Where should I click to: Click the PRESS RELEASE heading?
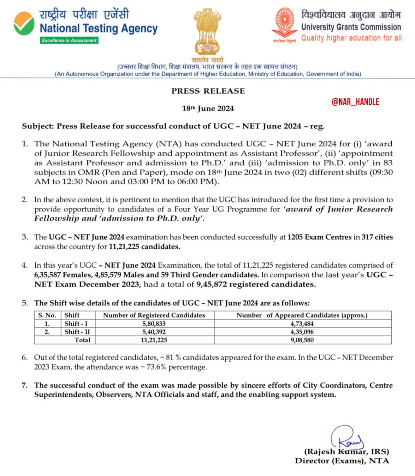click(208, 91)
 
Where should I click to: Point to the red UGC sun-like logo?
click(284, 23)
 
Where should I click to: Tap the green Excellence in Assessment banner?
click(69, 40)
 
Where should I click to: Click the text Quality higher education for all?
click(351, 38)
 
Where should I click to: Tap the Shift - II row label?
click(77, 332)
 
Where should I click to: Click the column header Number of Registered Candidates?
click(154, 315)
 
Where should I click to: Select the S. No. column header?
click(47, 315)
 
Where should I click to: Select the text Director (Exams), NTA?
click(342, 461)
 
